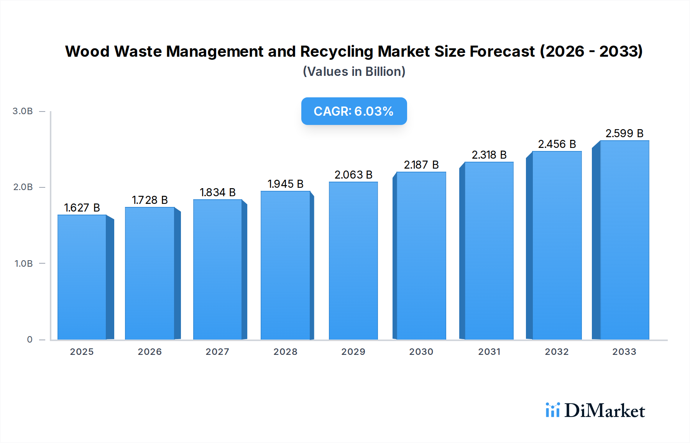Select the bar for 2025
click(82, 277)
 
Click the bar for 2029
click(353, 261)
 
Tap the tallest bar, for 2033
click(624, 240)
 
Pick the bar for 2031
click(489, 251)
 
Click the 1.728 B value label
click(150, 200)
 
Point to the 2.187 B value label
click(421, 165)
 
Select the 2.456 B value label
click(557, 144)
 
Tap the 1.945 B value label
click(286, 184)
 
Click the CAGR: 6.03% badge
click(354, 111)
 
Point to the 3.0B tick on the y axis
click(23, 111)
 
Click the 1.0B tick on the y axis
click(23, 264)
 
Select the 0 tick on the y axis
click(30, 340)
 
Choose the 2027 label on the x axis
click(217, 352)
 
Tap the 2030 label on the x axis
click(421, 352)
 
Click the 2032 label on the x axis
click(557, 352)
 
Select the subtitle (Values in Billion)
click(354, 72)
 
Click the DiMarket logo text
click(605, 411)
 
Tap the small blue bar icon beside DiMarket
click(552, 410)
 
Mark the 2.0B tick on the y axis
click(23, 187)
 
